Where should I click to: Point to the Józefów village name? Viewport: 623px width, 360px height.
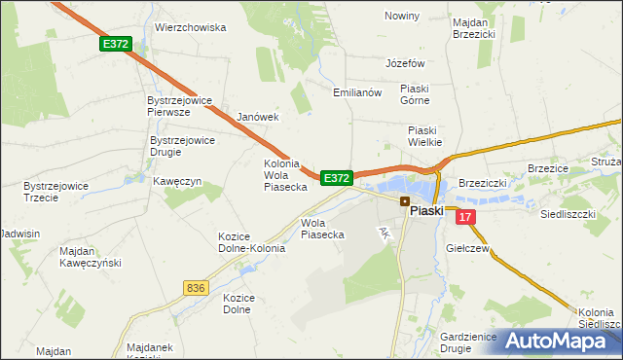pyautogui.click(x=406, y=63)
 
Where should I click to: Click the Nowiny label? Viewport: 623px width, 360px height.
pyautogui.click(x=401, y=16)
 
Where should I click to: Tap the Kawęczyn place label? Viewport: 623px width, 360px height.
pyautogui.click(x=176, y=181)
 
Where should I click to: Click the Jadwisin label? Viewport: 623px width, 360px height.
pyautogui.click(x=20, y=234)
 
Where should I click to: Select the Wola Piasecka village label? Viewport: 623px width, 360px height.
pyautogui.click(x=322, y=228)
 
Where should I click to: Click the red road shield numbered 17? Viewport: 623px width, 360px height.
pyautogui.click(x=467, y=218)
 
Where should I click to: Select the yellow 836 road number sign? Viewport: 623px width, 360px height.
pyautogui.click(x=195, y=287)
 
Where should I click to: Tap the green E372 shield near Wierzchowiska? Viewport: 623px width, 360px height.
pyautogui.click(x=114, y=44)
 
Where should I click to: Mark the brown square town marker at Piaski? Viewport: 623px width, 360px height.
pyautogui.click(x=404, y=200)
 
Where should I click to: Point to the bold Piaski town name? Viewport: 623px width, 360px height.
pyautogui.click(x=426, y=209)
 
